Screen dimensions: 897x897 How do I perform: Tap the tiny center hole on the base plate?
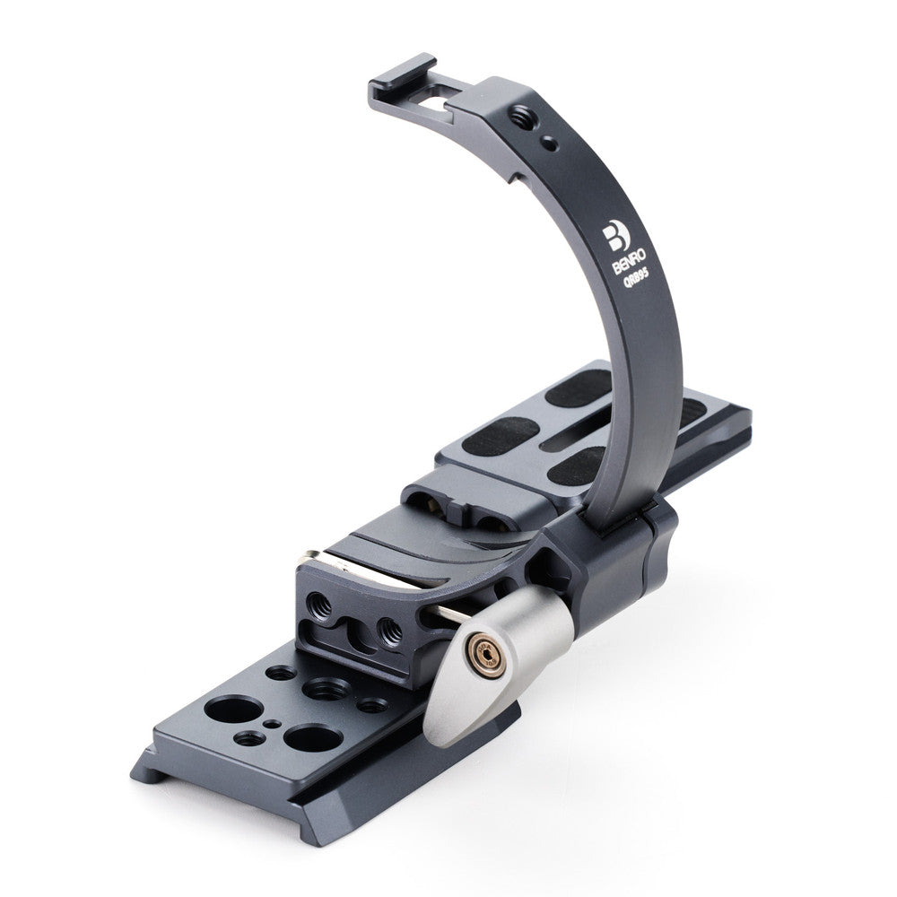(271, 721)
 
